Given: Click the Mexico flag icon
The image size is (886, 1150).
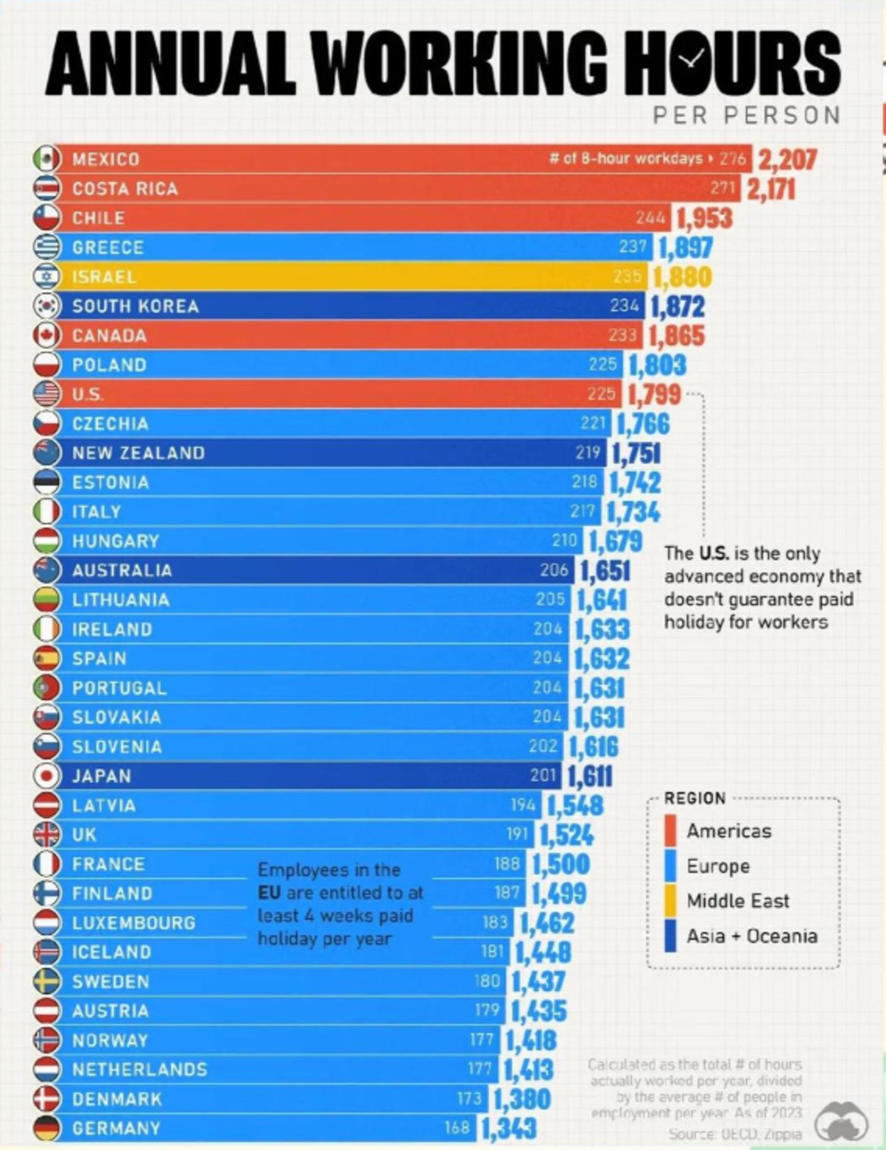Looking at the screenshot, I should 47,159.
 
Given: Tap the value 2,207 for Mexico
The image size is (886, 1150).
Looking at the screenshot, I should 788,159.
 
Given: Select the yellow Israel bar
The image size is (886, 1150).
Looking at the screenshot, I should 345,277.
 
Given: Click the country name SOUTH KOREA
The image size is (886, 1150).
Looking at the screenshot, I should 135,306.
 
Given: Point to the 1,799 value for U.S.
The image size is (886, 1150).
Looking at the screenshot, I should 654,394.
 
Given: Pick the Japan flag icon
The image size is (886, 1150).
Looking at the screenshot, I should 47,776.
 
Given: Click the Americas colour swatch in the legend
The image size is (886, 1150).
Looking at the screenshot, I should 671,830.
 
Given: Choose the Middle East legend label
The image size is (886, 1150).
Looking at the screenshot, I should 738,901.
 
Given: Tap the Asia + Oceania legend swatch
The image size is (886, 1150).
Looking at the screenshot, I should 671,936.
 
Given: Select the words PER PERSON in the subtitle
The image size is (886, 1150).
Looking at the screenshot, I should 746,115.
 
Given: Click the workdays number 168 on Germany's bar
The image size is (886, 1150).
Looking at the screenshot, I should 457,1128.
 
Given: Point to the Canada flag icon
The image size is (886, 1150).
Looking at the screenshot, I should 47,335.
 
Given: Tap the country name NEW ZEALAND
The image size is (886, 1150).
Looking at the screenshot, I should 138,453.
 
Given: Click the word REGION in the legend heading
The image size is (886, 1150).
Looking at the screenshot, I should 695,798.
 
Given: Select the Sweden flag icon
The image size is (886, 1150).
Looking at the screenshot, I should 47,981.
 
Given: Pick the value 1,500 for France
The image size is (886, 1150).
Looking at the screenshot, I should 561,864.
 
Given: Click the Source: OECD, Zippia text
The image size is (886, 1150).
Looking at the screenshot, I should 735,1133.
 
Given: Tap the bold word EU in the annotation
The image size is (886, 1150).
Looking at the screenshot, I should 269,892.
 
